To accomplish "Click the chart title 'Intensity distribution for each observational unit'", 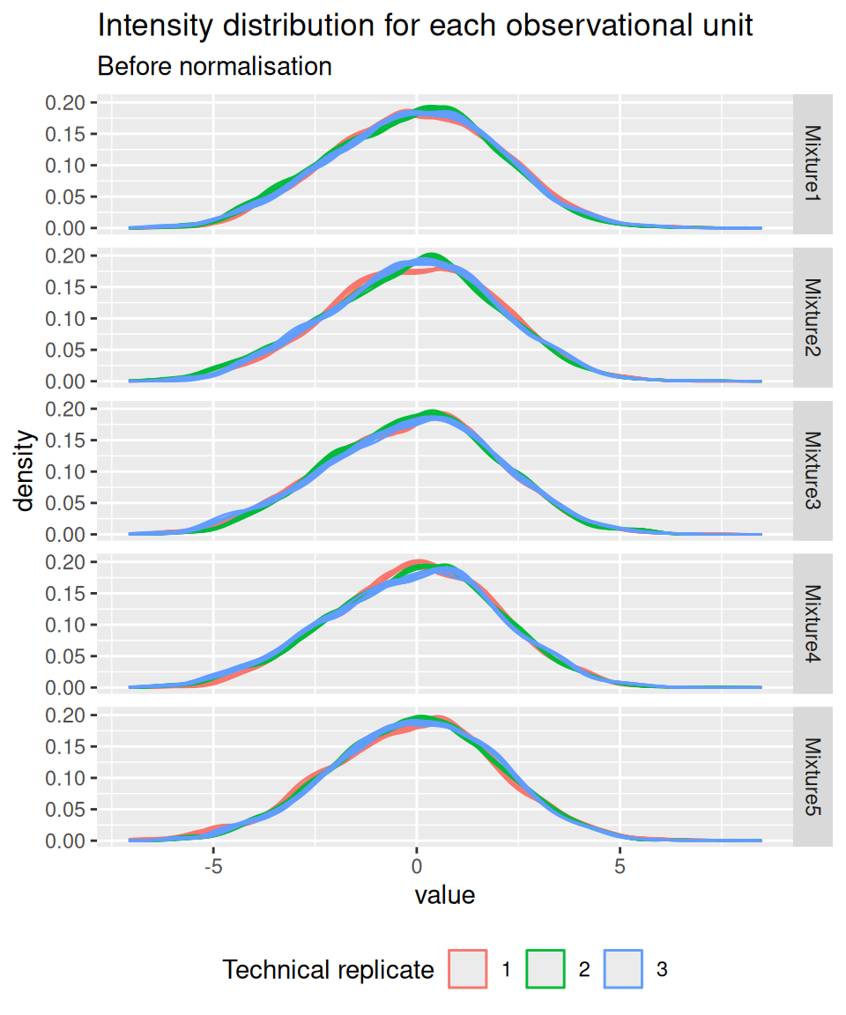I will pos(425,26).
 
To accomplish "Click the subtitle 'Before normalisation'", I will pos(214,66).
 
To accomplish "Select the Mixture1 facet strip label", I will pos(813,164).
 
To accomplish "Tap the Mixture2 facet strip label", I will pos(813,317).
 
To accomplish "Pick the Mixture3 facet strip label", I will pos(813,470).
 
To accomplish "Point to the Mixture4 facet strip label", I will pos(813,624).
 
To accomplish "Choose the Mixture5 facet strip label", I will pos(813,777).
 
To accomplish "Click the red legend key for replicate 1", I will pos(468,969).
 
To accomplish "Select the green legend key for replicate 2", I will pos(545,969).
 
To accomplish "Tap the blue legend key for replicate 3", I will pos(623,969).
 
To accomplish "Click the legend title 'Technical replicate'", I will pos(328,970).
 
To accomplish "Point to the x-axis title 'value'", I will pos(445,895).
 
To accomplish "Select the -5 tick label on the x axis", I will pos(213,866).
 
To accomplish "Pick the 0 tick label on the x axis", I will pos(417,866).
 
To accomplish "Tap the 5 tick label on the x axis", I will pos(620,866).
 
